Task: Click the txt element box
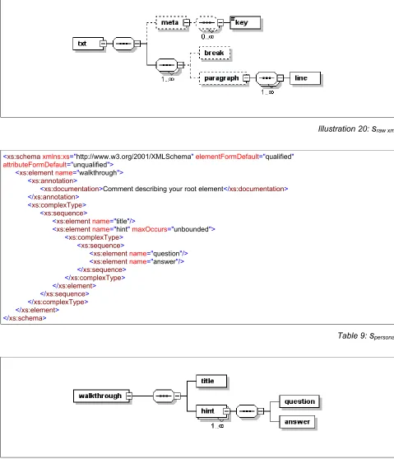click(x=88, y=44)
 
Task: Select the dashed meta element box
click(x=172, y=23)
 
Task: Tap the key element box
click(x=245, y=22)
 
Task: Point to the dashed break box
click(x=215, y=54)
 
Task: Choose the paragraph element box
click(x=223, y=78)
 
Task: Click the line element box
click(x=305, y=78)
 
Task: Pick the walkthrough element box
click(x=101, y=396)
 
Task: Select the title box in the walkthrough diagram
click(x=211, y=381)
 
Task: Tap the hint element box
click(x=211, y=411)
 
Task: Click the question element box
click(x=299, y=401)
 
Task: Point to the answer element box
click(x=297, y=422)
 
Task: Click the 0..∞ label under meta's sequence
click(x=207, y=37)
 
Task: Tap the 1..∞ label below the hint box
click(x=217, y=426)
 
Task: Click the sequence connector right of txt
click(x=123, y=44)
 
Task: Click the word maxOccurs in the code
click(x=150, y=229)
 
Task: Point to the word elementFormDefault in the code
click(x=227, y=157)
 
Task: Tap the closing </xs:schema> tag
click(x=25, y=318)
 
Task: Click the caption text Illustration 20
click(x=343, y=129)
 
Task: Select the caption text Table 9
click(x=351, y=335)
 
